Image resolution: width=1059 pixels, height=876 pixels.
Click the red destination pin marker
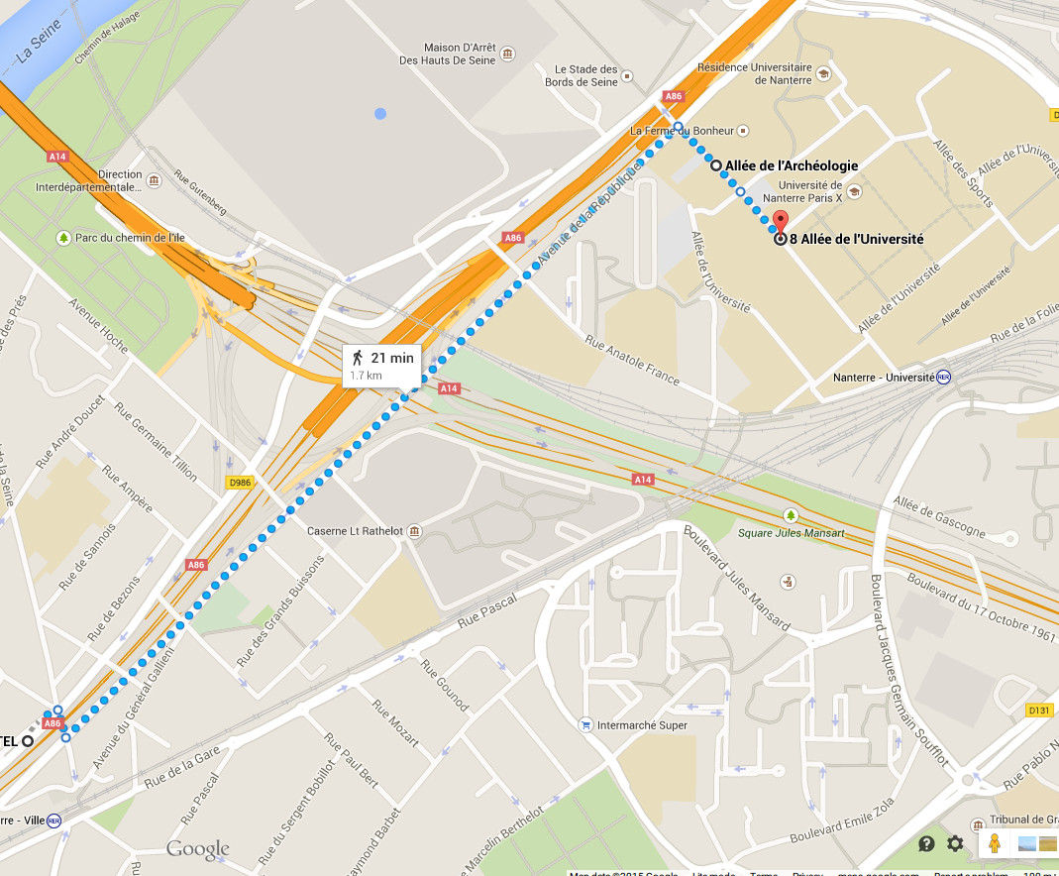pyautogui.click(x=780, y=222)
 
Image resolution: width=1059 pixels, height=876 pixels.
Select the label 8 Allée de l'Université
pyautogui.click(x=857, y=239)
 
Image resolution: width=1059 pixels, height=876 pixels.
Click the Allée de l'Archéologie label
pyautogui.click(x=792, y=165)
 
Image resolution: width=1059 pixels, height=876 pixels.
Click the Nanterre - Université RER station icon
pyautogui.click(x=943, y=377)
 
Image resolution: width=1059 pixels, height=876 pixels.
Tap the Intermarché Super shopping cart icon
pyautogui.click(x=586, y=725)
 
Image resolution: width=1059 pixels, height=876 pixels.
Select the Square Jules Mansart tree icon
pyautogui.click(x=790, y=515)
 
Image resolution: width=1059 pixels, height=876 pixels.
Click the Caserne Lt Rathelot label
pyautogui.click(x=355, y=531)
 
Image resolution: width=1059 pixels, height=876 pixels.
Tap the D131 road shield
pyautogui.click(x=1038, y=710)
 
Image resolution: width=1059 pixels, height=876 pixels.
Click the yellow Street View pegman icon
pyautogui.click(x=994, y=843)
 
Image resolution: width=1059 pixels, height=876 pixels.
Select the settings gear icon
pyautogui.click(x=955, y=843)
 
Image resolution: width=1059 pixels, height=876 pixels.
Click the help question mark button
pyautogui.click(x=926, y=843)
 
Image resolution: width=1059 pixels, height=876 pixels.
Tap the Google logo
pyautogui.click(x=198, y=849)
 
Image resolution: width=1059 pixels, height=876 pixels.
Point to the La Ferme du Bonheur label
pyautogui.click(x=682, y=130)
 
